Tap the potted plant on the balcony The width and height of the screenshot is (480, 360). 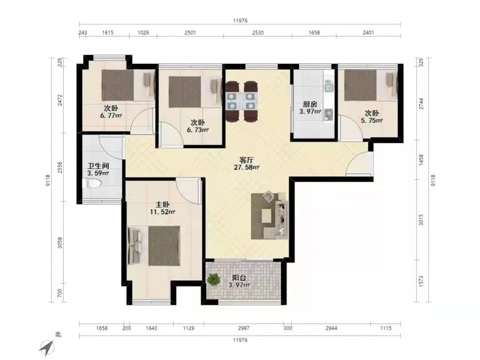tap(214, 280)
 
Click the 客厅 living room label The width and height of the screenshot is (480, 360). tap(246, 160)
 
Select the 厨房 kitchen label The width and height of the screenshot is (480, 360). tap(310, 104)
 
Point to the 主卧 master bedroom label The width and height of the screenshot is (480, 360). tap(162, 204)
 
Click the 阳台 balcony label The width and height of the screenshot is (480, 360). tap(239, 278)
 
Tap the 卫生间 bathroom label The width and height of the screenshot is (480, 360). tap(98, 166)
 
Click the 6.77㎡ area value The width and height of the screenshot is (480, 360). tap(111, 116)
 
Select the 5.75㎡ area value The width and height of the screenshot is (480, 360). tap(372, 120)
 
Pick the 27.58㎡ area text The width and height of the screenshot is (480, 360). tap(247, 168)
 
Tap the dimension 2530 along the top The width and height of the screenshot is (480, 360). tap(258, 32)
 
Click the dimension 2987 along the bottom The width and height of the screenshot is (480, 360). tap(244, 328)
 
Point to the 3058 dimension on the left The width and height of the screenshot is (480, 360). tap(60, 243)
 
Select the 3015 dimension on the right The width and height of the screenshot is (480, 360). tap(421, 220)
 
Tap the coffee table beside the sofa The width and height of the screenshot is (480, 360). tap(266, 216)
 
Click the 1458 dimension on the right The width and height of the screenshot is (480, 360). tap(421, 160)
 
